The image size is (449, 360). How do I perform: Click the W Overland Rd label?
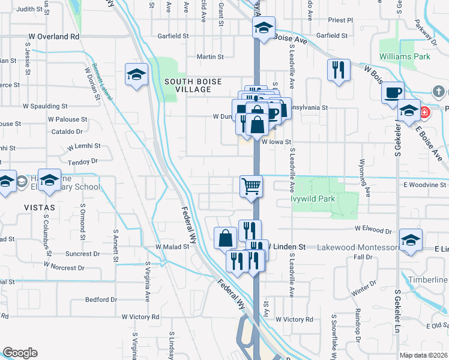(53, 37)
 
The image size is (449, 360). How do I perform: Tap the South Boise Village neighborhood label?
(193, 85)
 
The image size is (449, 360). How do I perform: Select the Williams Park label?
(405, 57)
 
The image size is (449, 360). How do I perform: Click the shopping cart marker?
(252, 185)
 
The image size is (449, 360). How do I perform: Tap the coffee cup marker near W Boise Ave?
(393, 92)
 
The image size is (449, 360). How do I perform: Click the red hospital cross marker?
(424, 112)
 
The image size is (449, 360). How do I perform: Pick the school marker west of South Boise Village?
(136, 75)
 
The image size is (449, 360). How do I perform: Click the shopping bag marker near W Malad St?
(225, 238)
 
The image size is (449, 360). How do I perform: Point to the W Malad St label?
(172, 246)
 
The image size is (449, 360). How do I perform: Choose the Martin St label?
(210, 57)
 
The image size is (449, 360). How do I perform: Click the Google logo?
(20, 353)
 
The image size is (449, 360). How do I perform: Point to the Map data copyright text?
(424, 355)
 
